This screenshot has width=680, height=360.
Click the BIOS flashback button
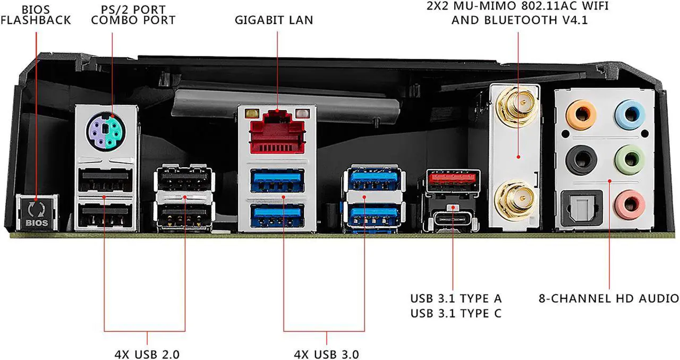(36, 214)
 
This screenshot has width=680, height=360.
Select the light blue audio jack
(630, 113)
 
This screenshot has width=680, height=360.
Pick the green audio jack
(630, 158)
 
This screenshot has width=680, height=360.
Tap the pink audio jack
(630, 203)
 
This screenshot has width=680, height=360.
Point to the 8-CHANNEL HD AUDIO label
(608, 298)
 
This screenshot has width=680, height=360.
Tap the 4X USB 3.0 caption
(327, 353)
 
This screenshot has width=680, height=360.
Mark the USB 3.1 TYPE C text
(455, 313)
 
